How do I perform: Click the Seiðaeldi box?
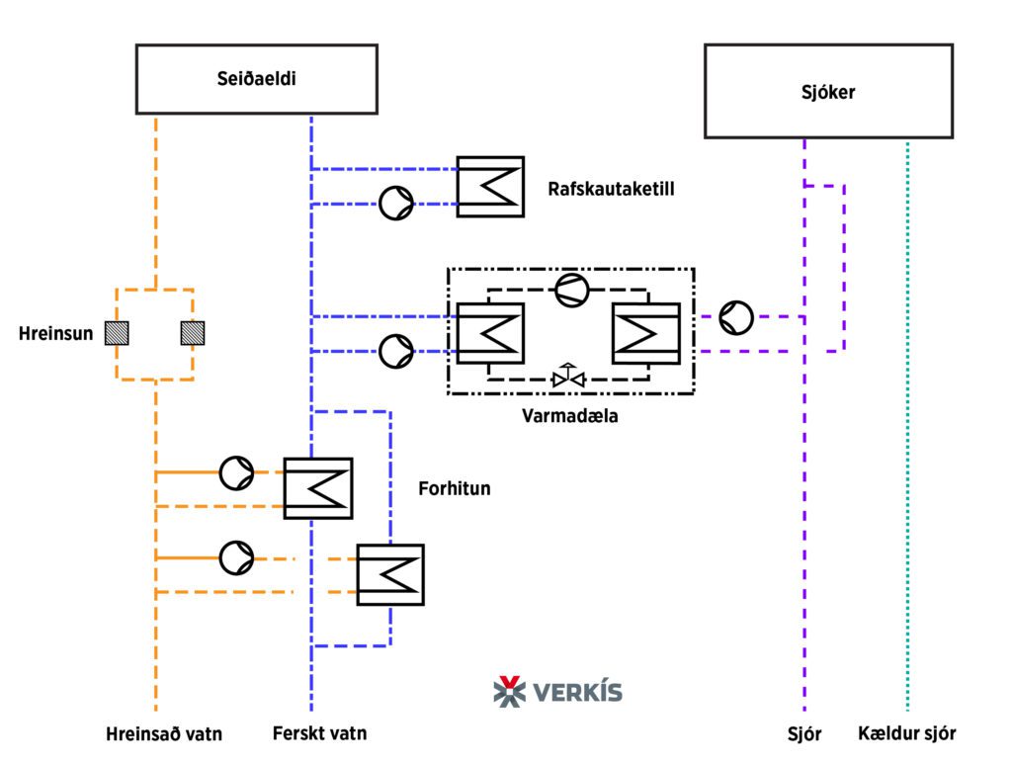click(256, 79)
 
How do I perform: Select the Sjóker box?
click(828, 91)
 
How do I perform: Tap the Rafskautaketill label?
click(612, 188)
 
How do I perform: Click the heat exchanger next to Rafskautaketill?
click(490, 187)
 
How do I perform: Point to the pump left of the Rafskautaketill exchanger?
click(396, 204)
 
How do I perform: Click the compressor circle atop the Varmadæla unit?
click(570, 290)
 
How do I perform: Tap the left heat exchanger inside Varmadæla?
click(490, 334)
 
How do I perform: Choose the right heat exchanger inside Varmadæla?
click(644, 334)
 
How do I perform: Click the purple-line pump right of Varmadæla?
click(736, 317)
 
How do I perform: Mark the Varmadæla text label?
click(570, 416)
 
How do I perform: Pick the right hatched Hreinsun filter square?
click(193, 334)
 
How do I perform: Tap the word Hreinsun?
click(55, 334)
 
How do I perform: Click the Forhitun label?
click(455, 488)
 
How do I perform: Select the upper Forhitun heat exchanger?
click(318, 488)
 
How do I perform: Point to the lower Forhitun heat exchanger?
click(390, 574)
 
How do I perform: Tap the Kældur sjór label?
click(907, 734)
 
